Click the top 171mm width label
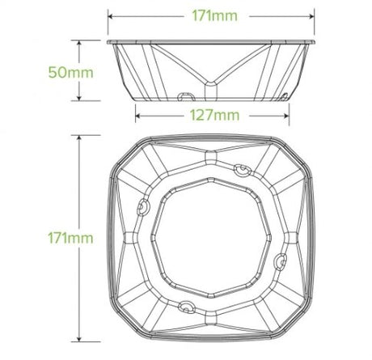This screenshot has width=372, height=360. pos(214,16)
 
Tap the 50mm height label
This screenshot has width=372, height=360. pos(71,73)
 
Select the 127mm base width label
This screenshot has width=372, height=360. pos(214,116)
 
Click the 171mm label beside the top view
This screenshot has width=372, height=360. pos(70,238)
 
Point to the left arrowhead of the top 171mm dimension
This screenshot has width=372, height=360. pos(110,16)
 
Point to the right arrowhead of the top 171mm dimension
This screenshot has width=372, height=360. pos(312,16)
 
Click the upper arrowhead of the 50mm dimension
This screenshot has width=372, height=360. pos(79,43)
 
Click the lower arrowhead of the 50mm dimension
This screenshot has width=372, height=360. pos(79,99)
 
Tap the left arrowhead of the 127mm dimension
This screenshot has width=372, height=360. pos(137,116)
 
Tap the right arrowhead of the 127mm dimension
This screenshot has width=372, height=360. pos(287,116)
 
